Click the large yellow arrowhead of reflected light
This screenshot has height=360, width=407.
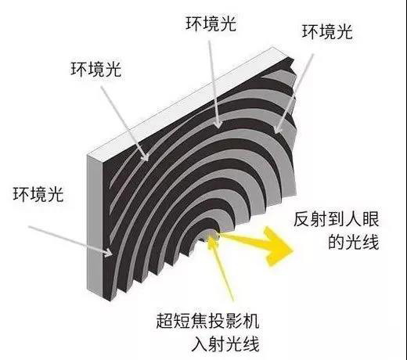coord(276,247)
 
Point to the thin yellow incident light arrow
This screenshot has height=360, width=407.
coord(222,268)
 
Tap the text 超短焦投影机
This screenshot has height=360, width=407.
coord(207,321)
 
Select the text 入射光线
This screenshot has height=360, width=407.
coord(225,344)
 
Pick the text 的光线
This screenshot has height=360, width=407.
coord(353,242)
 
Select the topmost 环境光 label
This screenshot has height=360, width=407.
coord(211,23)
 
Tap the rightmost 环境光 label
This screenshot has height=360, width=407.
coord(327,32)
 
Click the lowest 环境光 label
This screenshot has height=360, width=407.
coord(38,194)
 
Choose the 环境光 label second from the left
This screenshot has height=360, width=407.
coord(96,69)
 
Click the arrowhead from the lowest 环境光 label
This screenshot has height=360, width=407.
coord(109,252)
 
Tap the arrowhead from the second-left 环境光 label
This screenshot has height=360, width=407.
coord(145,156)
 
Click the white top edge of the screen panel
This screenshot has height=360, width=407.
coord(180,103)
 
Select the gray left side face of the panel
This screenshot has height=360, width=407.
coord(95,227)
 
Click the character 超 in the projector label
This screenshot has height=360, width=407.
coord(164,321)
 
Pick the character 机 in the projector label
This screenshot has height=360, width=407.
coord(250,321)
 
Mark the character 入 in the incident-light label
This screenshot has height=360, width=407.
coord(200,344)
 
